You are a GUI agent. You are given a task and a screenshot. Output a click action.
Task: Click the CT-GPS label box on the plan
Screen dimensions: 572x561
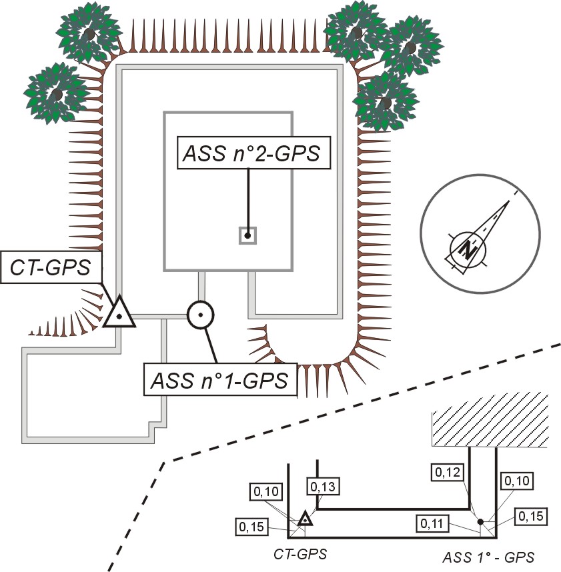(x=50, y=268)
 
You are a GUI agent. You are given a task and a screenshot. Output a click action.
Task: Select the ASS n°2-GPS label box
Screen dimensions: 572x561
(x=248, y=153)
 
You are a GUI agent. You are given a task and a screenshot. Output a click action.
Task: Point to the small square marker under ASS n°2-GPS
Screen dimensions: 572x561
(x=247, y=235)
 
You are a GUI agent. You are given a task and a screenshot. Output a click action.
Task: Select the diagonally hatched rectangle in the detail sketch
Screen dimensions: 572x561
(x=490, y=428)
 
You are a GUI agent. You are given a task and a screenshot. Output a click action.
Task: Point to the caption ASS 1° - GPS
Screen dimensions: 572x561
(x=488, y=555)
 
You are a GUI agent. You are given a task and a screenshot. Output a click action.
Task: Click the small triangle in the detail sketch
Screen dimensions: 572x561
(x=305, y=519)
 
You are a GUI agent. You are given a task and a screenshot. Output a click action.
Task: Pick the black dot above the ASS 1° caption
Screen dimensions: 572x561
(x=480, y=521)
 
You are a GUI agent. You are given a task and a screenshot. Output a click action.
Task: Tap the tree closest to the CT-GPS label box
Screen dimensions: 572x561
(x=56, y=93)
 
